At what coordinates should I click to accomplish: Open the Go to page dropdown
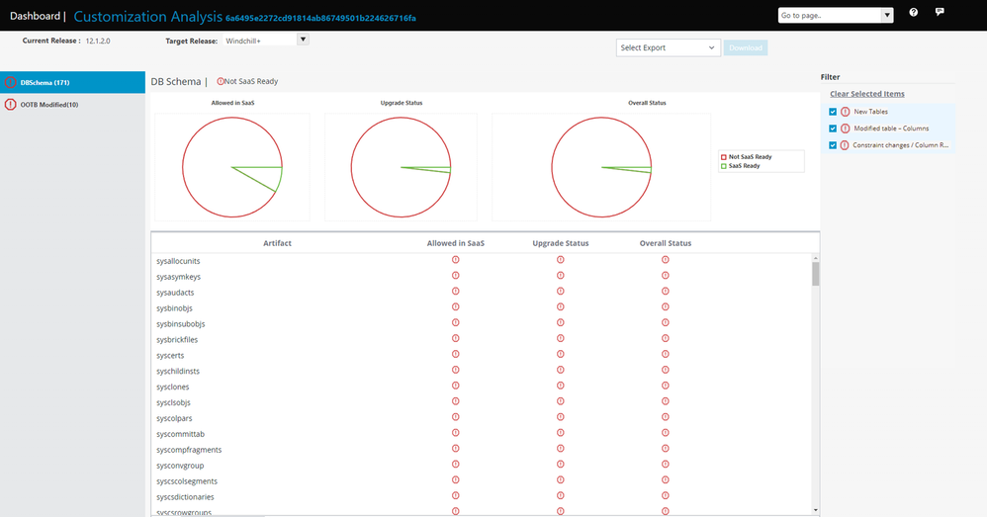point(836,15)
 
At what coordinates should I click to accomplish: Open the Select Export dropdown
point(669,47)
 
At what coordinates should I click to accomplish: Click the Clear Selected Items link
point(866,94)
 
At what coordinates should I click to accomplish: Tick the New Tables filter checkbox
point(833,112)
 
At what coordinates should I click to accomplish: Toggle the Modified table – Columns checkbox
point(833,129)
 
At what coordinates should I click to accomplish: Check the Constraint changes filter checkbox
point(833,145)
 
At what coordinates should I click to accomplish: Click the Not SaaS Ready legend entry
point(750,157)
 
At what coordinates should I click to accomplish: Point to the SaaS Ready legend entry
point(744,166)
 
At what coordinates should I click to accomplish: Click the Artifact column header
point(277,243)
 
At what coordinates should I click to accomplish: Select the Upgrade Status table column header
point(560,243)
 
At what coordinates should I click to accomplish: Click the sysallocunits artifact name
point(178,261)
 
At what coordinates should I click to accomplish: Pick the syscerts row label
point(170,355)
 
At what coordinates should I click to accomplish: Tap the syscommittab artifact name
point(180,434)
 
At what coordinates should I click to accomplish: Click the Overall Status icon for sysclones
point(666,386)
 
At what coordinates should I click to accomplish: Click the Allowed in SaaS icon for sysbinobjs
point(456,307)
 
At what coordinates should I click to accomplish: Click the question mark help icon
point(913,13)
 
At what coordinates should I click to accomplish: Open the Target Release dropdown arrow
point(303,40)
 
